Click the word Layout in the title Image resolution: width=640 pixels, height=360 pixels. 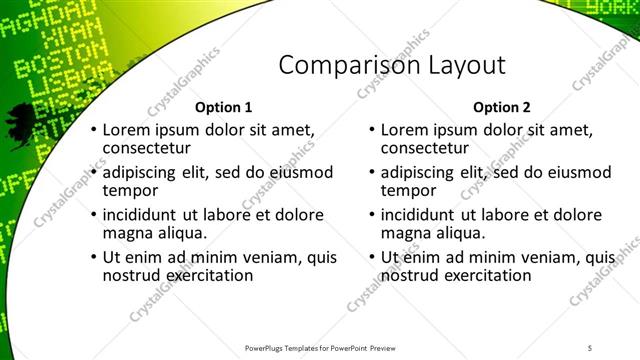pyautogui.click(x=456, y=66)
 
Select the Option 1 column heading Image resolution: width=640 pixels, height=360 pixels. pyautogui.click(x=223, y=107)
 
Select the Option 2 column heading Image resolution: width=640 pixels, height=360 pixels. pyautogui.click(x=502, y=107)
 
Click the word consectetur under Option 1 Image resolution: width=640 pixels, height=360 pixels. pyautogui.click(x=148, y=149)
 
